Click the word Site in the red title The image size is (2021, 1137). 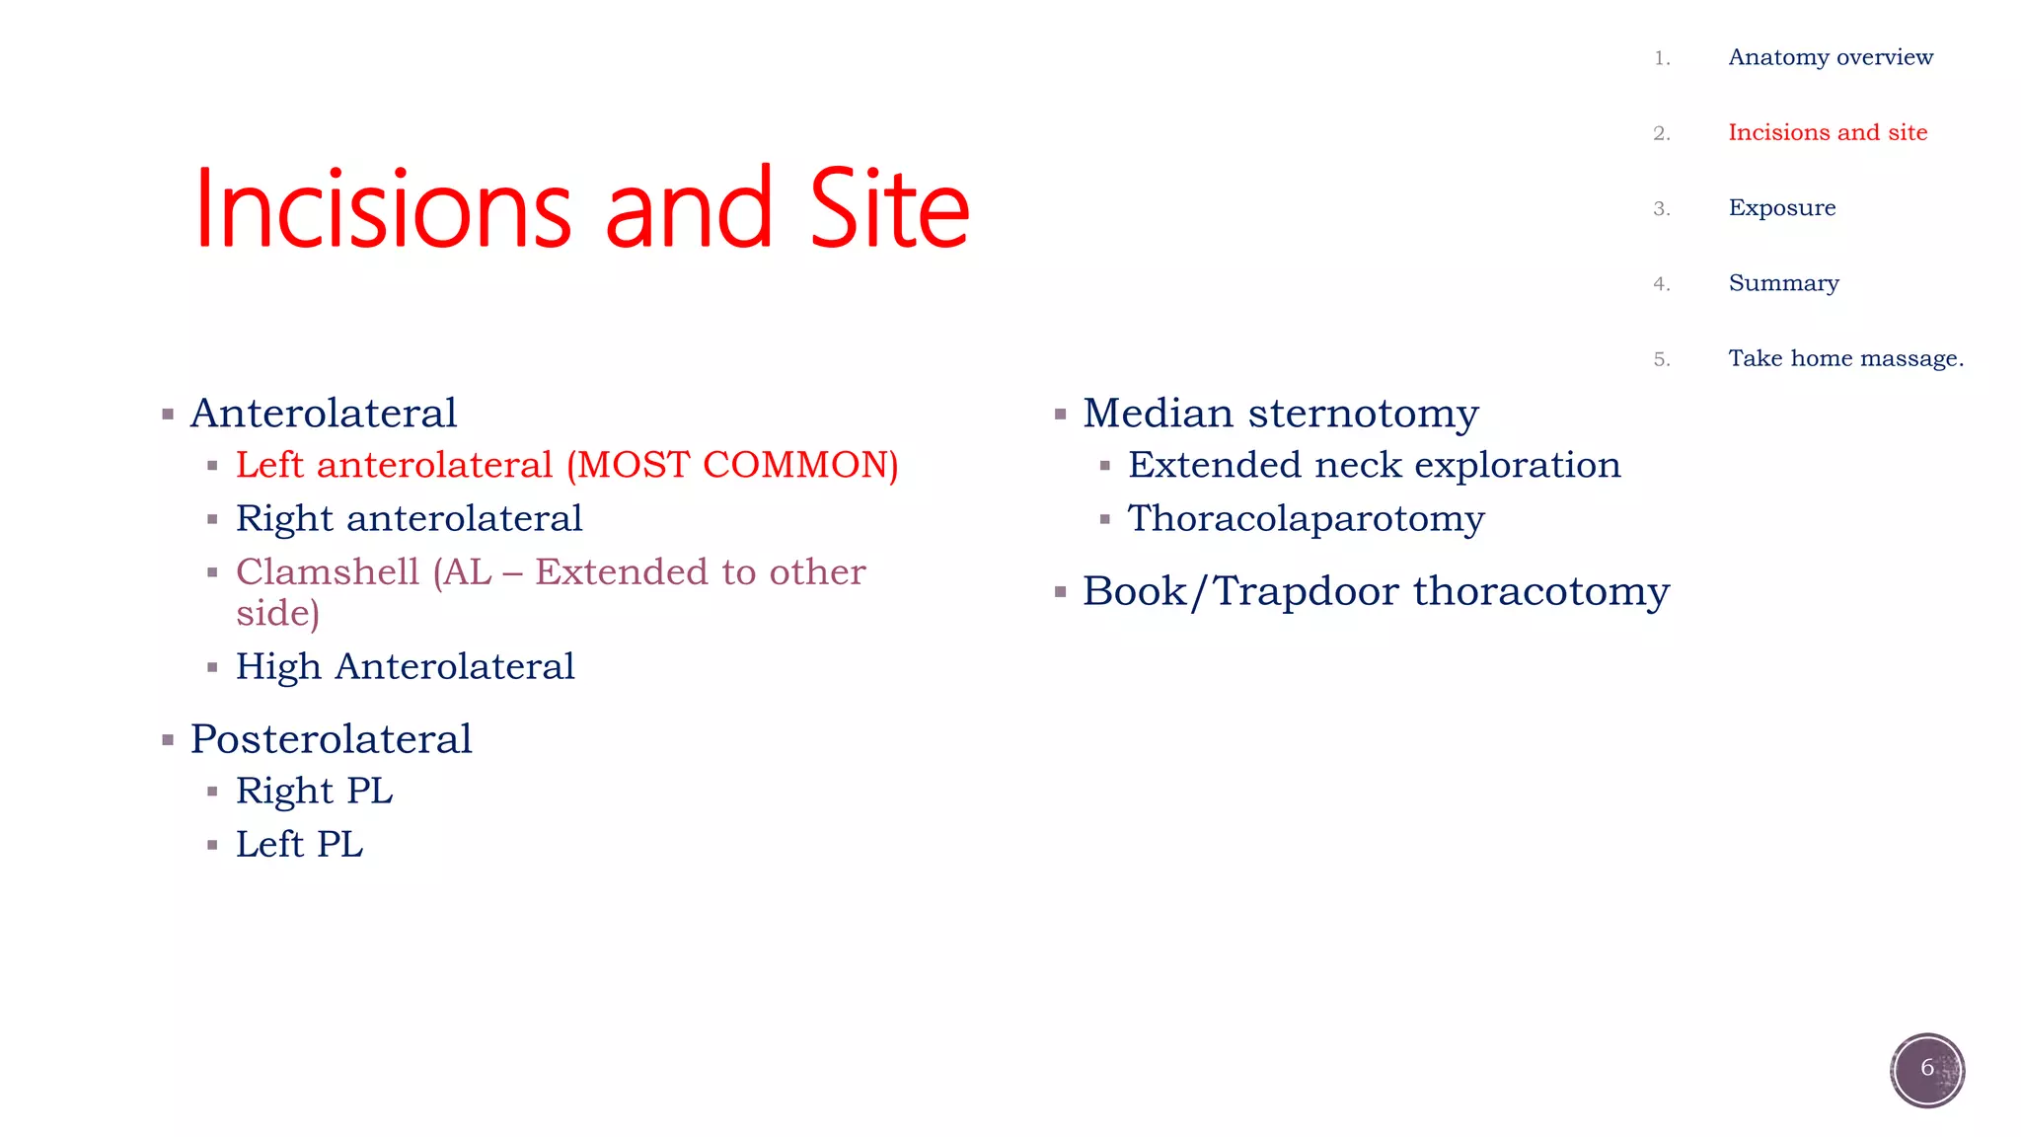tap(889, 209)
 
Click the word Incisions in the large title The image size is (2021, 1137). tap(383, 209)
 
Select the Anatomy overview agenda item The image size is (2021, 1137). tap(1830, 57)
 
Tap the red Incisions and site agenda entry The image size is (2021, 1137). tap(1827, 132)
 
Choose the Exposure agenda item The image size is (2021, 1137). tap(1781, 208)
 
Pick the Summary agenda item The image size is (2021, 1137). tap(1783, 283)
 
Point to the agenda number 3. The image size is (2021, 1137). tap(1661, 208)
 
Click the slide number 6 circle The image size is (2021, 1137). tap(1926, 1069)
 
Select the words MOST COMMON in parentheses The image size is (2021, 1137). tap(732, 465)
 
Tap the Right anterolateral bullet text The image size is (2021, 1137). tap(409, 518)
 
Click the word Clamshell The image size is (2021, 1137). tap(328, 572)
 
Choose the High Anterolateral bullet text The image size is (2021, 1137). tap(405, 666)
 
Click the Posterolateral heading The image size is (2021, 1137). tap(331, 739)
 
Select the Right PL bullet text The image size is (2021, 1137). tap(314, 791)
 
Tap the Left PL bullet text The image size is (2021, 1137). tap(299, 845)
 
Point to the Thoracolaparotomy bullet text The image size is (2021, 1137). tap(1306, 519)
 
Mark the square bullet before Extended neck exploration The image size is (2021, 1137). tap(1105, 466)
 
